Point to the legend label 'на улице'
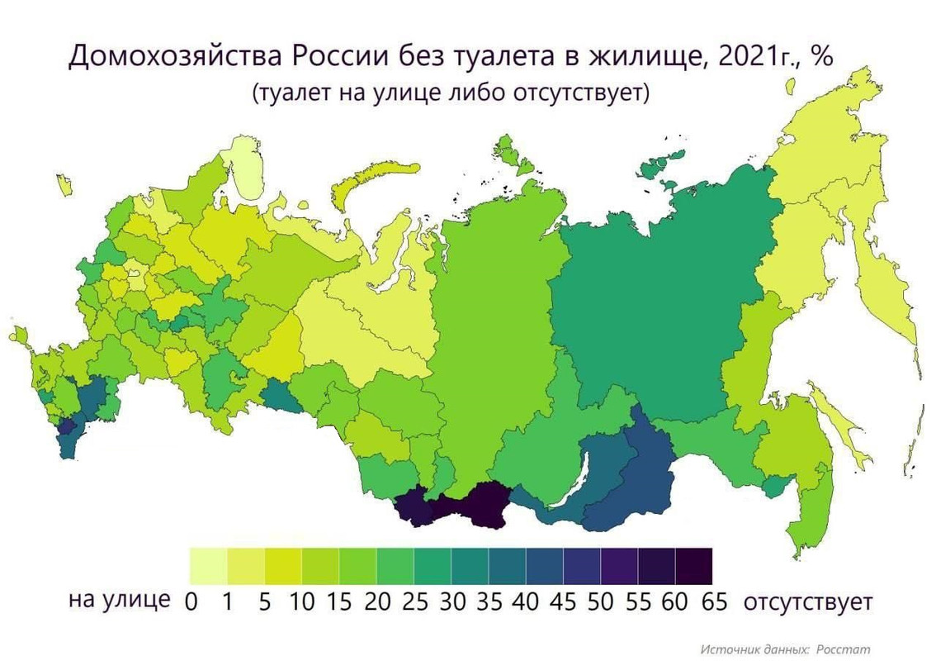(120, 600)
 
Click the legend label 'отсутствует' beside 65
(807, 601)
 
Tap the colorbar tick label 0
(191, 602)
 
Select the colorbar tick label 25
(414, 602)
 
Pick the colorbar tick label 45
(564, 602)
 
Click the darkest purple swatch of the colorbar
(693, 566)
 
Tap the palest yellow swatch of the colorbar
(208, 566)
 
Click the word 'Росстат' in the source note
(844, 649)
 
